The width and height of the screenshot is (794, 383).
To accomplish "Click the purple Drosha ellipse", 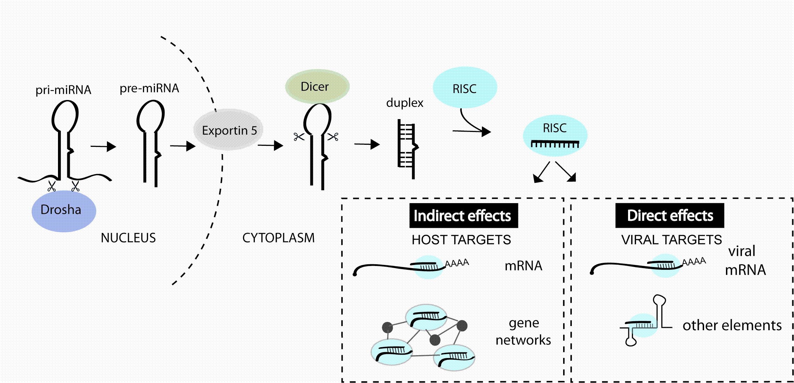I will point(64,211).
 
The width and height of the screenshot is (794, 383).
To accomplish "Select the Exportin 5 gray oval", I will point(228,130).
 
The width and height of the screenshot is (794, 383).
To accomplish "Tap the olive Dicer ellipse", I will point(317,86).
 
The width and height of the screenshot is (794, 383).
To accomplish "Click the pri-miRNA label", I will point(63,90).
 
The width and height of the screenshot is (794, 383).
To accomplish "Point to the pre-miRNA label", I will point(149,88).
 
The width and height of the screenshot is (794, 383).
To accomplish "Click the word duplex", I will point(405,103).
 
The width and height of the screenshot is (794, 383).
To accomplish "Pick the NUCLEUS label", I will point(128,238).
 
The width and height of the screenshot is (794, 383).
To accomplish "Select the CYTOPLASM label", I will point(278,238).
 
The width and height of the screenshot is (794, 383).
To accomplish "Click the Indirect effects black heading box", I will point(463,216).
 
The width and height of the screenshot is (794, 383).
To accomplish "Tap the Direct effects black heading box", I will point(670,216).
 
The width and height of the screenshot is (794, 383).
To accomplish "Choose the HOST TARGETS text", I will point(461,240).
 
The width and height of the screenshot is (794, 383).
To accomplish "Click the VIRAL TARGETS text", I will point(671,240).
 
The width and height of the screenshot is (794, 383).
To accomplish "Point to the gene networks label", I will point(523,332).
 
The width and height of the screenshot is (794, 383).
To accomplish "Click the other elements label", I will point(732,325).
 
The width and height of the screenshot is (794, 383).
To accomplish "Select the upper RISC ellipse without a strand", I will point(465,88).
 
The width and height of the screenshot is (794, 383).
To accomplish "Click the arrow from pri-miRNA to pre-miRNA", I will point(103,147).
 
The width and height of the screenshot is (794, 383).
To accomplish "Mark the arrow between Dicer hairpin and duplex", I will point(367,144).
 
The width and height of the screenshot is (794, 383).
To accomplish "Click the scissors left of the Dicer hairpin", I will point(299,137).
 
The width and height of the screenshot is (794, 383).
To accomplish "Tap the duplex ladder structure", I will point(407,149).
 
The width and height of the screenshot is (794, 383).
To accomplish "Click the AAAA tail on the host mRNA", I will point(457,263).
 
